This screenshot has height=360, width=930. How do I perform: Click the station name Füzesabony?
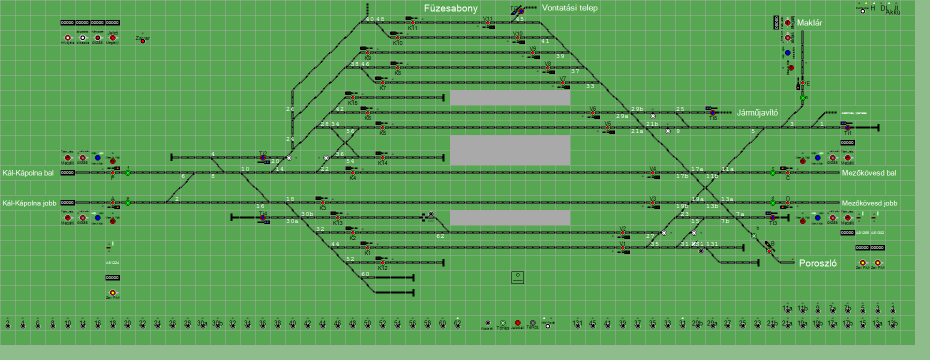[450, 8]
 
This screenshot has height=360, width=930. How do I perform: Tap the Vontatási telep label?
[569, 8]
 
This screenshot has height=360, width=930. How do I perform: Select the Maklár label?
[809, 23]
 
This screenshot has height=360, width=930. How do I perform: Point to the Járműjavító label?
[757, 113]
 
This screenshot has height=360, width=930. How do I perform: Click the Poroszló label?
[817, 263]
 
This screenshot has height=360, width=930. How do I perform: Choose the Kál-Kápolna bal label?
[28, 173]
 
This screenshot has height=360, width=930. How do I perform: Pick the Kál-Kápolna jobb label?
[29, 203]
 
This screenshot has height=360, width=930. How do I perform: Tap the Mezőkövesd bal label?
[869, 173]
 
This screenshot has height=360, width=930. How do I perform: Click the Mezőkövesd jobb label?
[869, 203]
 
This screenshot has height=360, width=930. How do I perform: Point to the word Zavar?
[142, 38]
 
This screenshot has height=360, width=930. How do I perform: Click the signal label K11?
[412, 28]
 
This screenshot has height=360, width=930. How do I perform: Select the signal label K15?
[352, 103]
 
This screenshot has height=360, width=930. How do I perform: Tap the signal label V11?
[487, 19]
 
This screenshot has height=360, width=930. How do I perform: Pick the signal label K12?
[382, 268]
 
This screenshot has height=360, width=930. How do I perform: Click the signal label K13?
[337, 223]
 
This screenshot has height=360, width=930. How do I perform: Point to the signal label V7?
[562, 79]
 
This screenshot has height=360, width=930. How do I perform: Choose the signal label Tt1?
[848, 133]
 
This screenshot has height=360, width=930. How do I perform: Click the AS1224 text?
[112, 262]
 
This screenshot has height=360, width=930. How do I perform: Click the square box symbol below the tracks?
[517, 277]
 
